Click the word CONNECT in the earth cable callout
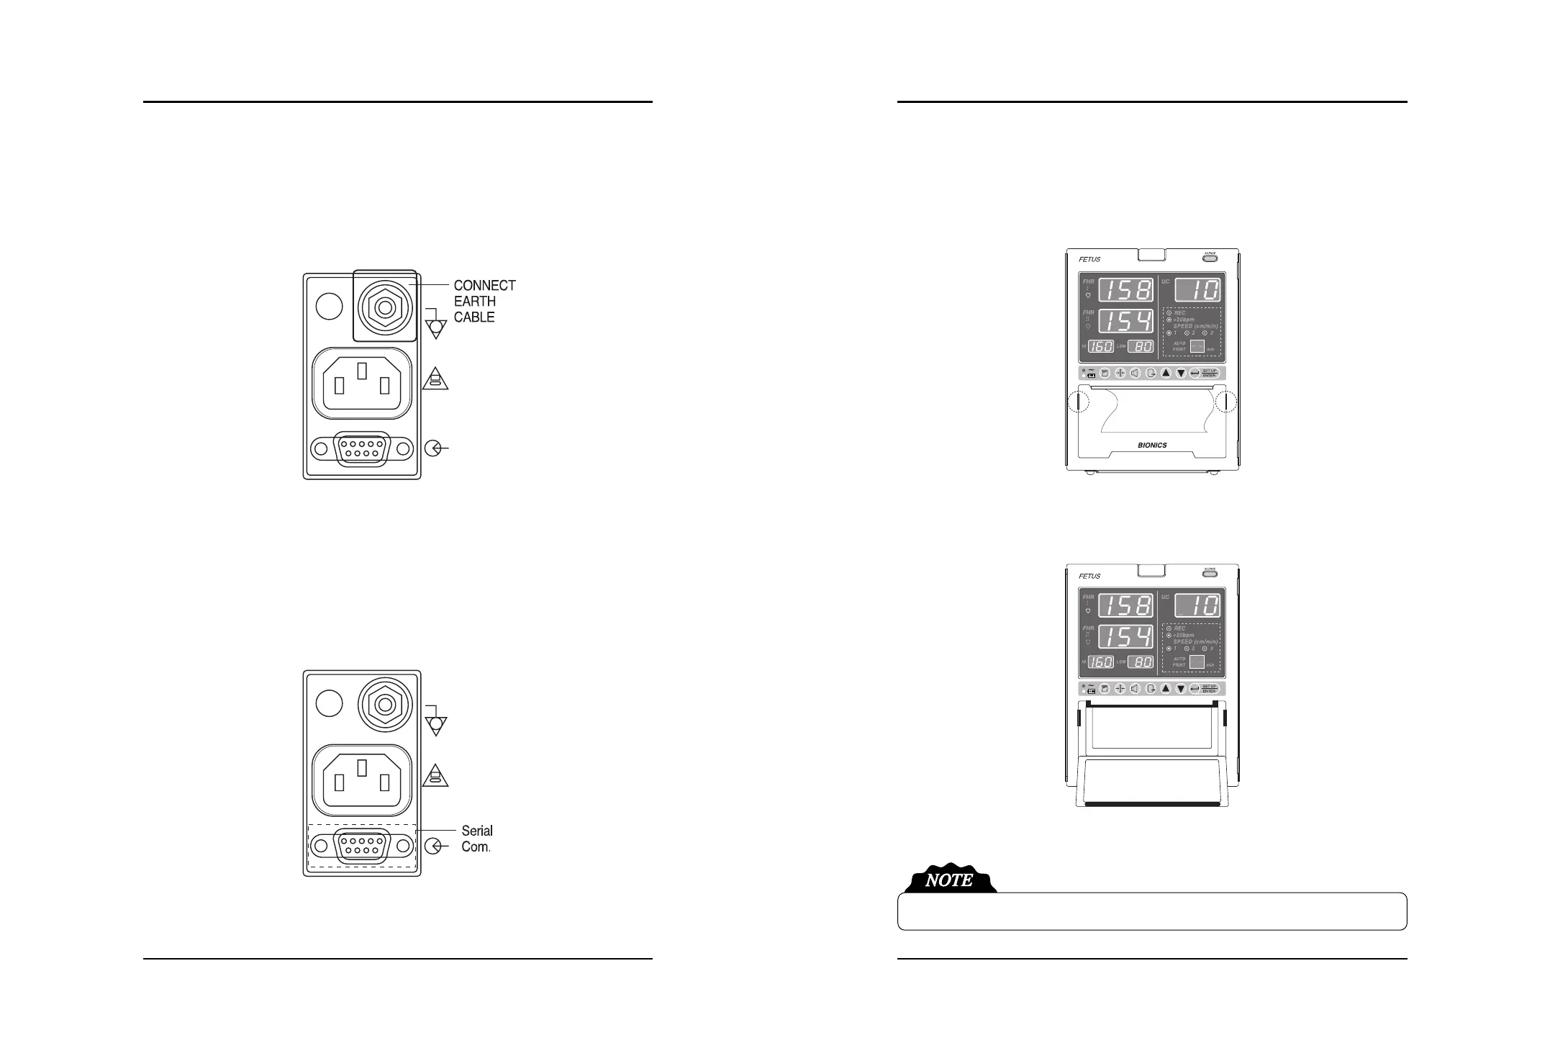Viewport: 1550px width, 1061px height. click(484, 285)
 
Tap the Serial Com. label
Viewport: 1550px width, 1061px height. click(476, 839)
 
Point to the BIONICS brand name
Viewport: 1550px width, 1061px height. click(1152, 445)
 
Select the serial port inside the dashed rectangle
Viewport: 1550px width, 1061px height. click(363, 846)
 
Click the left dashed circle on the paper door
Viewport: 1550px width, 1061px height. click(1078, 402)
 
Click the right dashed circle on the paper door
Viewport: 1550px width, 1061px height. click(1225, 402)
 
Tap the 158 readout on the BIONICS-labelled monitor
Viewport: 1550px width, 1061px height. click(1126, 290)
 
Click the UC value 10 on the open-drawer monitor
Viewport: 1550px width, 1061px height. click(1197, 605)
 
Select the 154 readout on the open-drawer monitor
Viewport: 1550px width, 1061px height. click(1126, 636)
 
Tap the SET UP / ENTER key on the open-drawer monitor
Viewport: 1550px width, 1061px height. click(1209, 688)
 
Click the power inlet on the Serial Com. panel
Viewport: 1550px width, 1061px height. click(362, 780)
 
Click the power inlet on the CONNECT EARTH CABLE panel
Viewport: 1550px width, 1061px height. click(362, 382)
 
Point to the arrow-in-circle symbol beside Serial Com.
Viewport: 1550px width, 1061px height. click(434, 846)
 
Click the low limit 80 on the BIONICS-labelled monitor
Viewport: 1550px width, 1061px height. click(1141, 346)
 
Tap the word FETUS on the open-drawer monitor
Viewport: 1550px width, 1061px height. click(1089, 576)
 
